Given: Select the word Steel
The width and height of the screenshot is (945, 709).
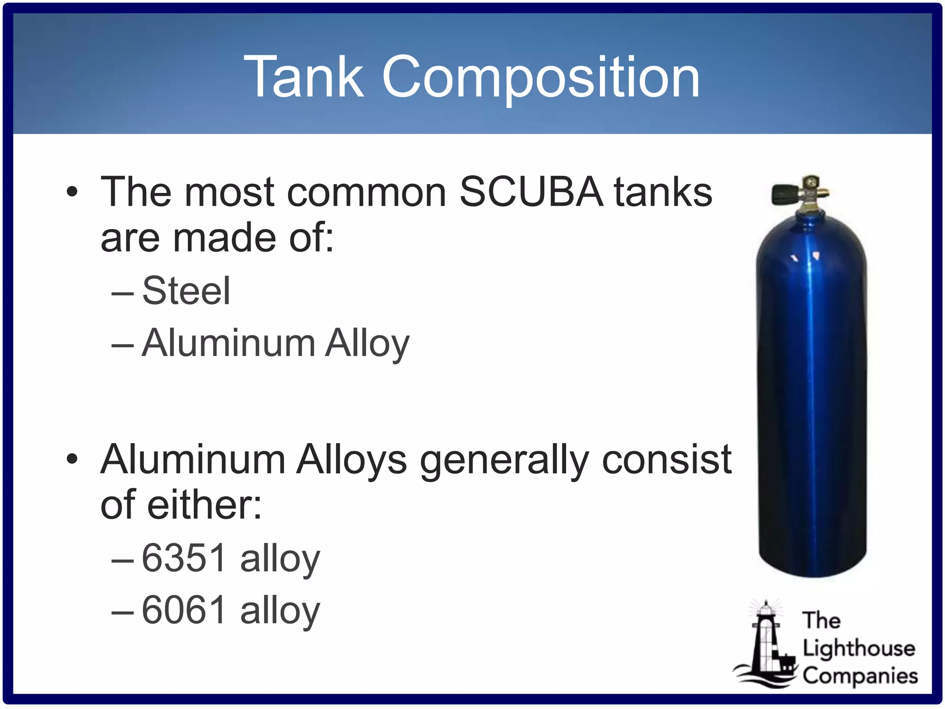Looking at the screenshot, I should click(186, 291).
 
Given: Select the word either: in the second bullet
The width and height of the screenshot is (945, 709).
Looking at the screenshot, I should click(204, 505).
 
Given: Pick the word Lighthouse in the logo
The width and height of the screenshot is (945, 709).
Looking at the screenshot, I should click(859, 649).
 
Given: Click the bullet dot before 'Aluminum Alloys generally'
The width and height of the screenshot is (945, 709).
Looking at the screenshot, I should click(72, 459).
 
